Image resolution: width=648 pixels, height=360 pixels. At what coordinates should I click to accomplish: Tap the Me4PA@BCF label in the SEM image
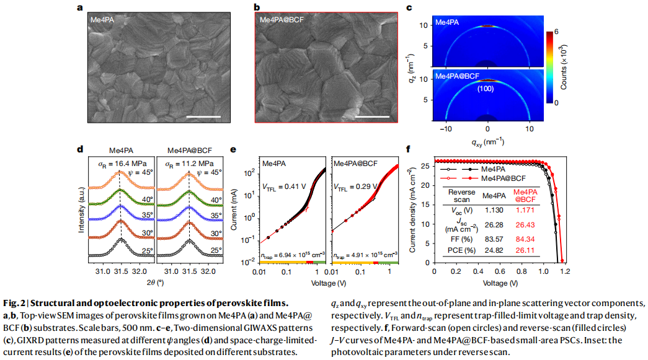284,20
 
